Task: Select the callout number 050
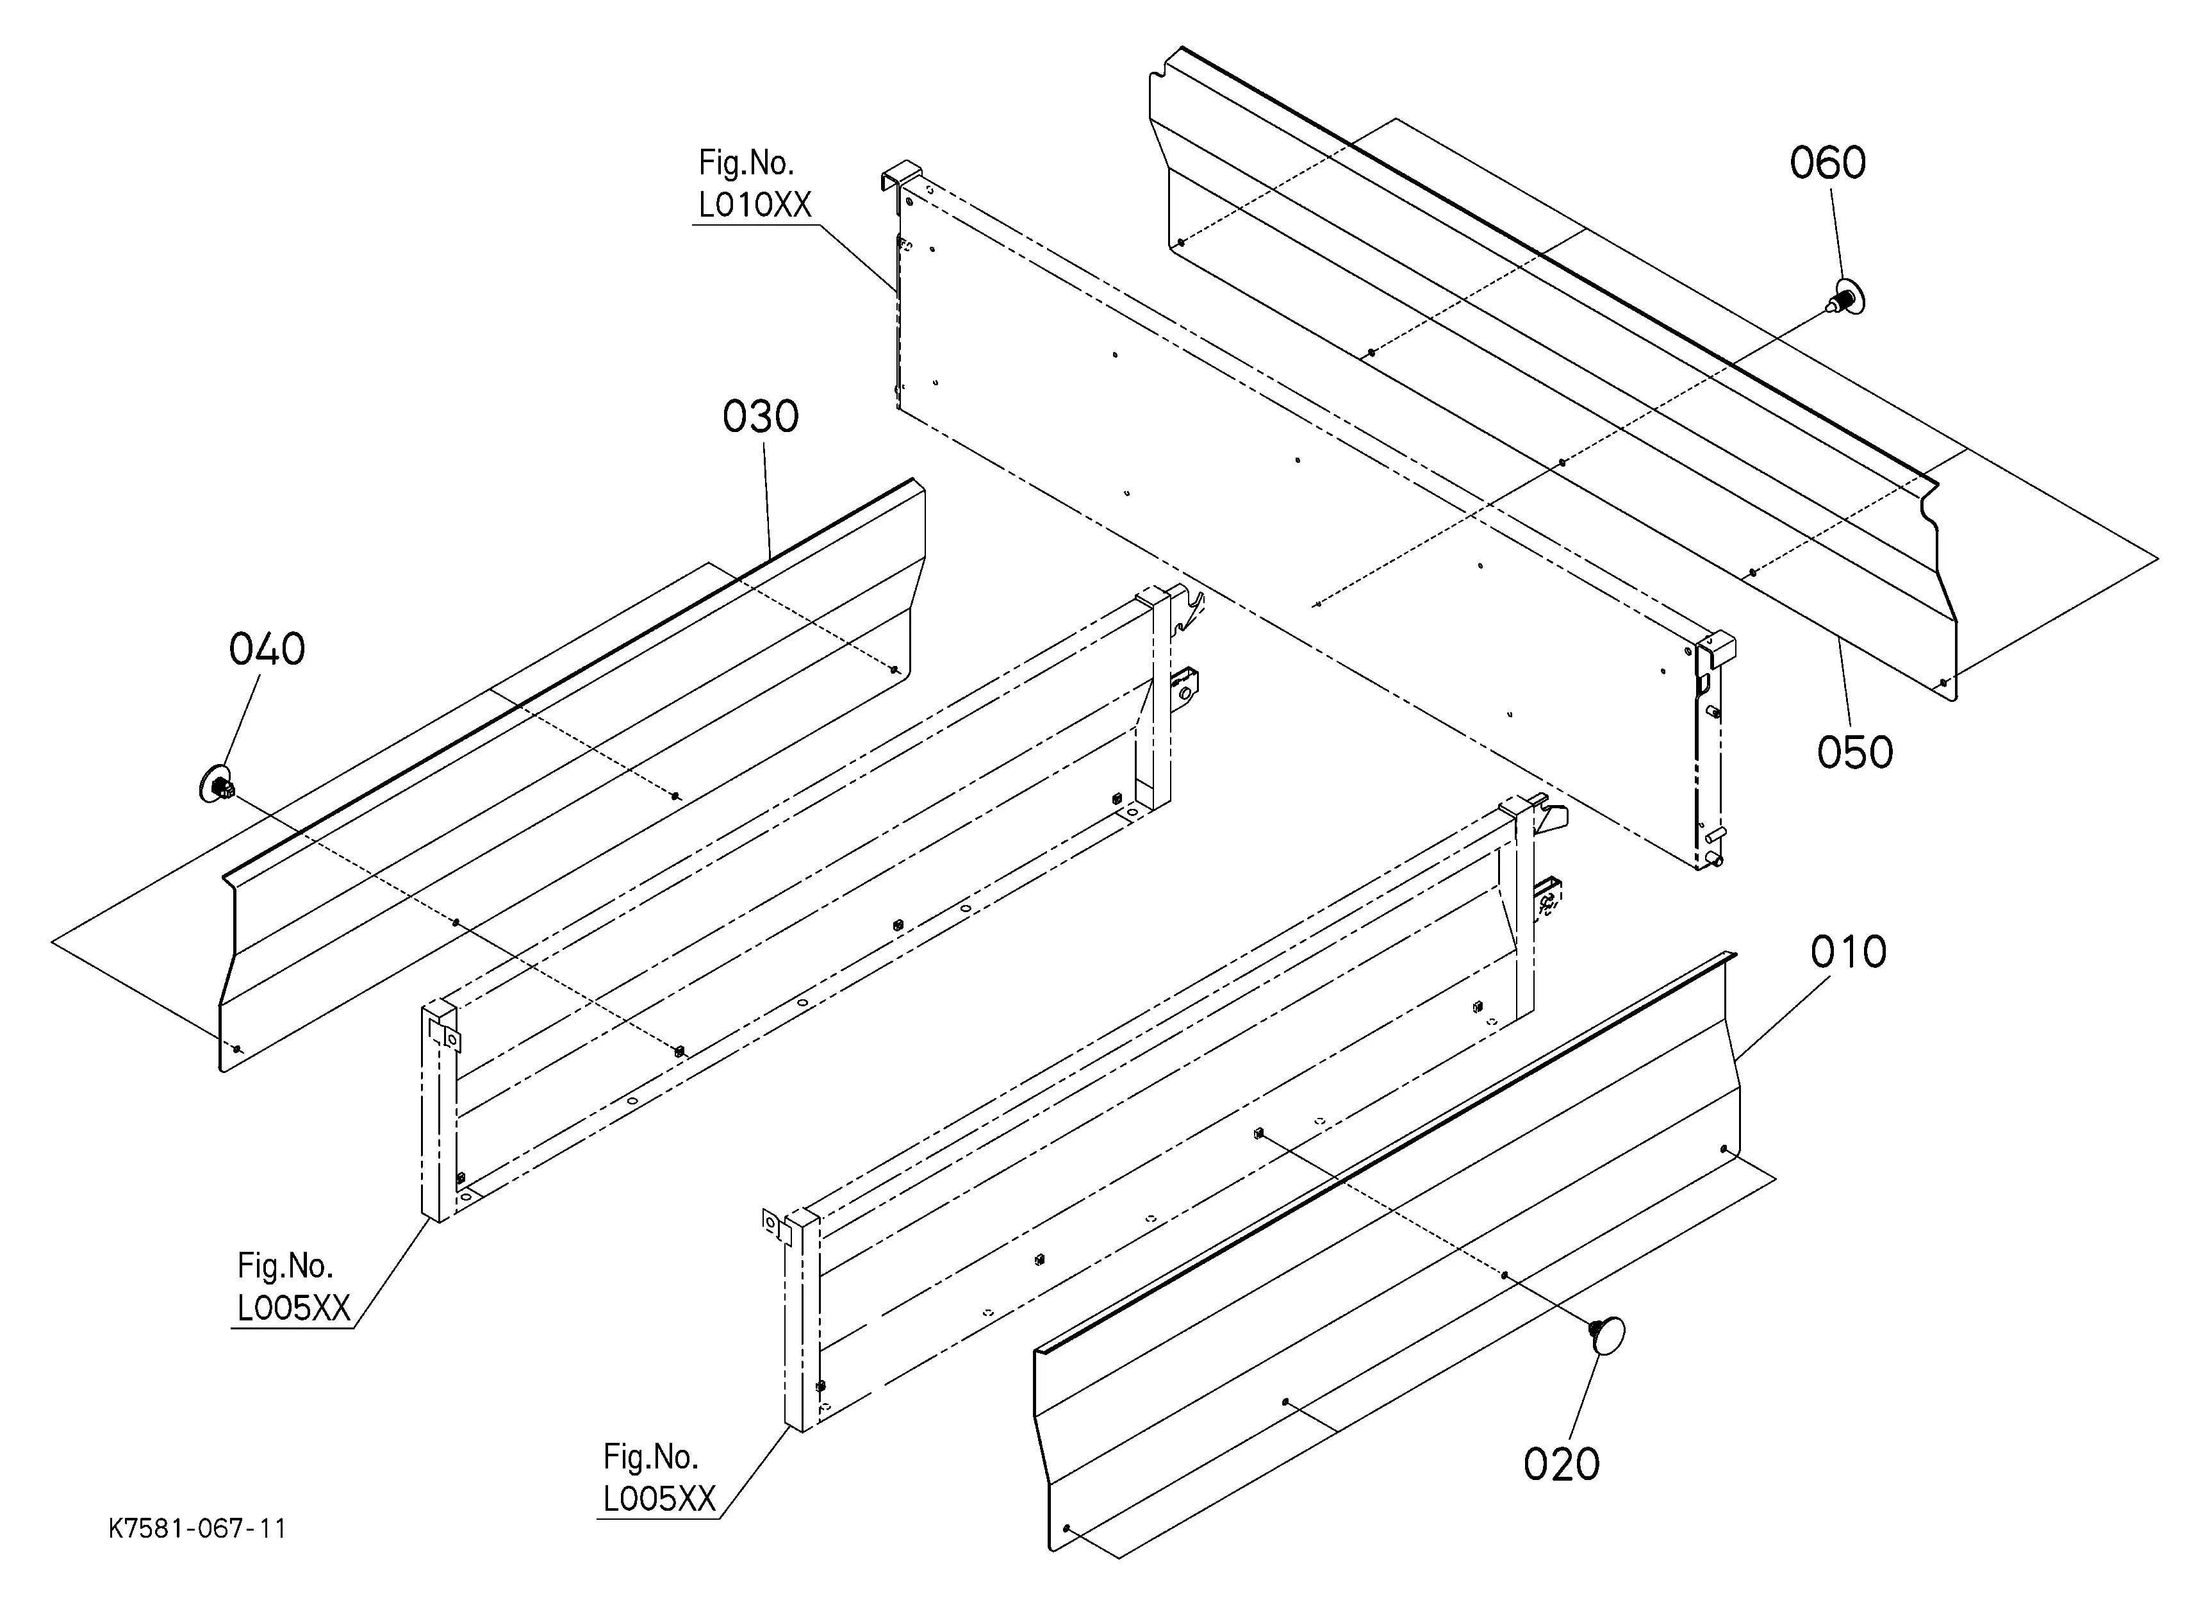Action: pyautogui.click(x=1854, y=753)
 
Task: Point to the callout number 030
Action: pyautogui.click(x=760, y=417)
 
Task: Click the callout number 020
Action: pyautogui.click(x=1561, y=1465)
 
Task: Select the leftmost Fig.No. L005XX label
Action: pyautogui.click(x=292, y=1287)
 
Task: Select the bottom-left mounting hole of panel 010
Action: pyautogui.click(x=1068, y=1528)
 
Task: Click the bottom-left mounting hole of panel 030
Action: pyautogui.click(x=237, y=1049)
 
